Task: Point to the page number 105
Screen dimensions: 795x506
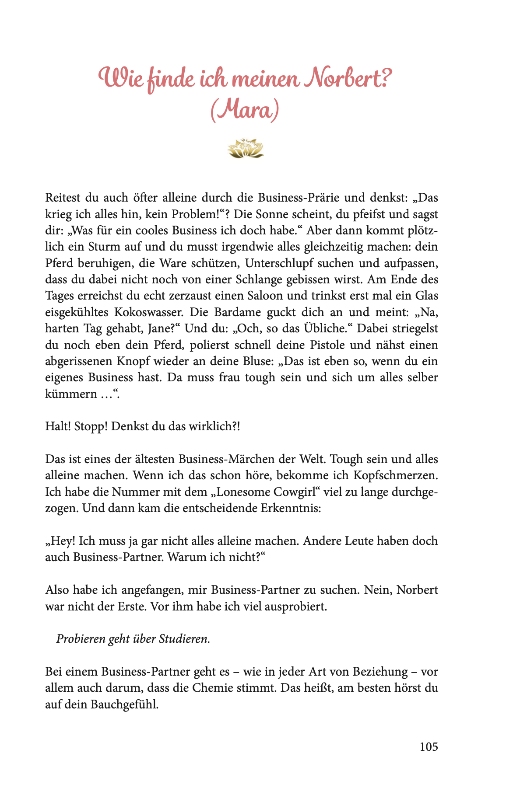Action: [x=429, y=747]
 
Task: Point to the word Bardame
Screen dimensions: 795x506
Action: [x=242, y=312]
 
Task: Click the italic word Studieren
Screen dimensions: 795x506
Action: [x=184, y=639]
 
